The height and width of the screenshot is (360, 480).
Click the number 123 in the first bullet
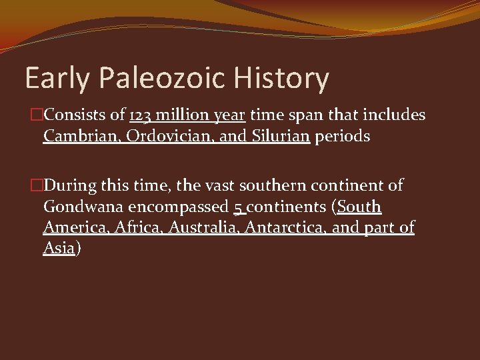pos(141,115)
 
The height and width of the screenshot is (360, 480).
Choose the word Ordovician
pos(159,136)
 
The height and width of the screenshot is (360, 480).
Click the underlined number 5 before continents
pos(238,207)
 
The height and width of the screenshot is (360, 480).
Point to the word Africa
pos(139,227)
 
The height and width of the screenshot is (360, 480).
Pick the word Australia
pos(203,227)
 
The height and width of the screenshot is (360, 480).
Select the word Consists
pos(73,115)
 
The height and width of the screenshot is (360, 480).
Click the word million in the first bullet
pos(183,115)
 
